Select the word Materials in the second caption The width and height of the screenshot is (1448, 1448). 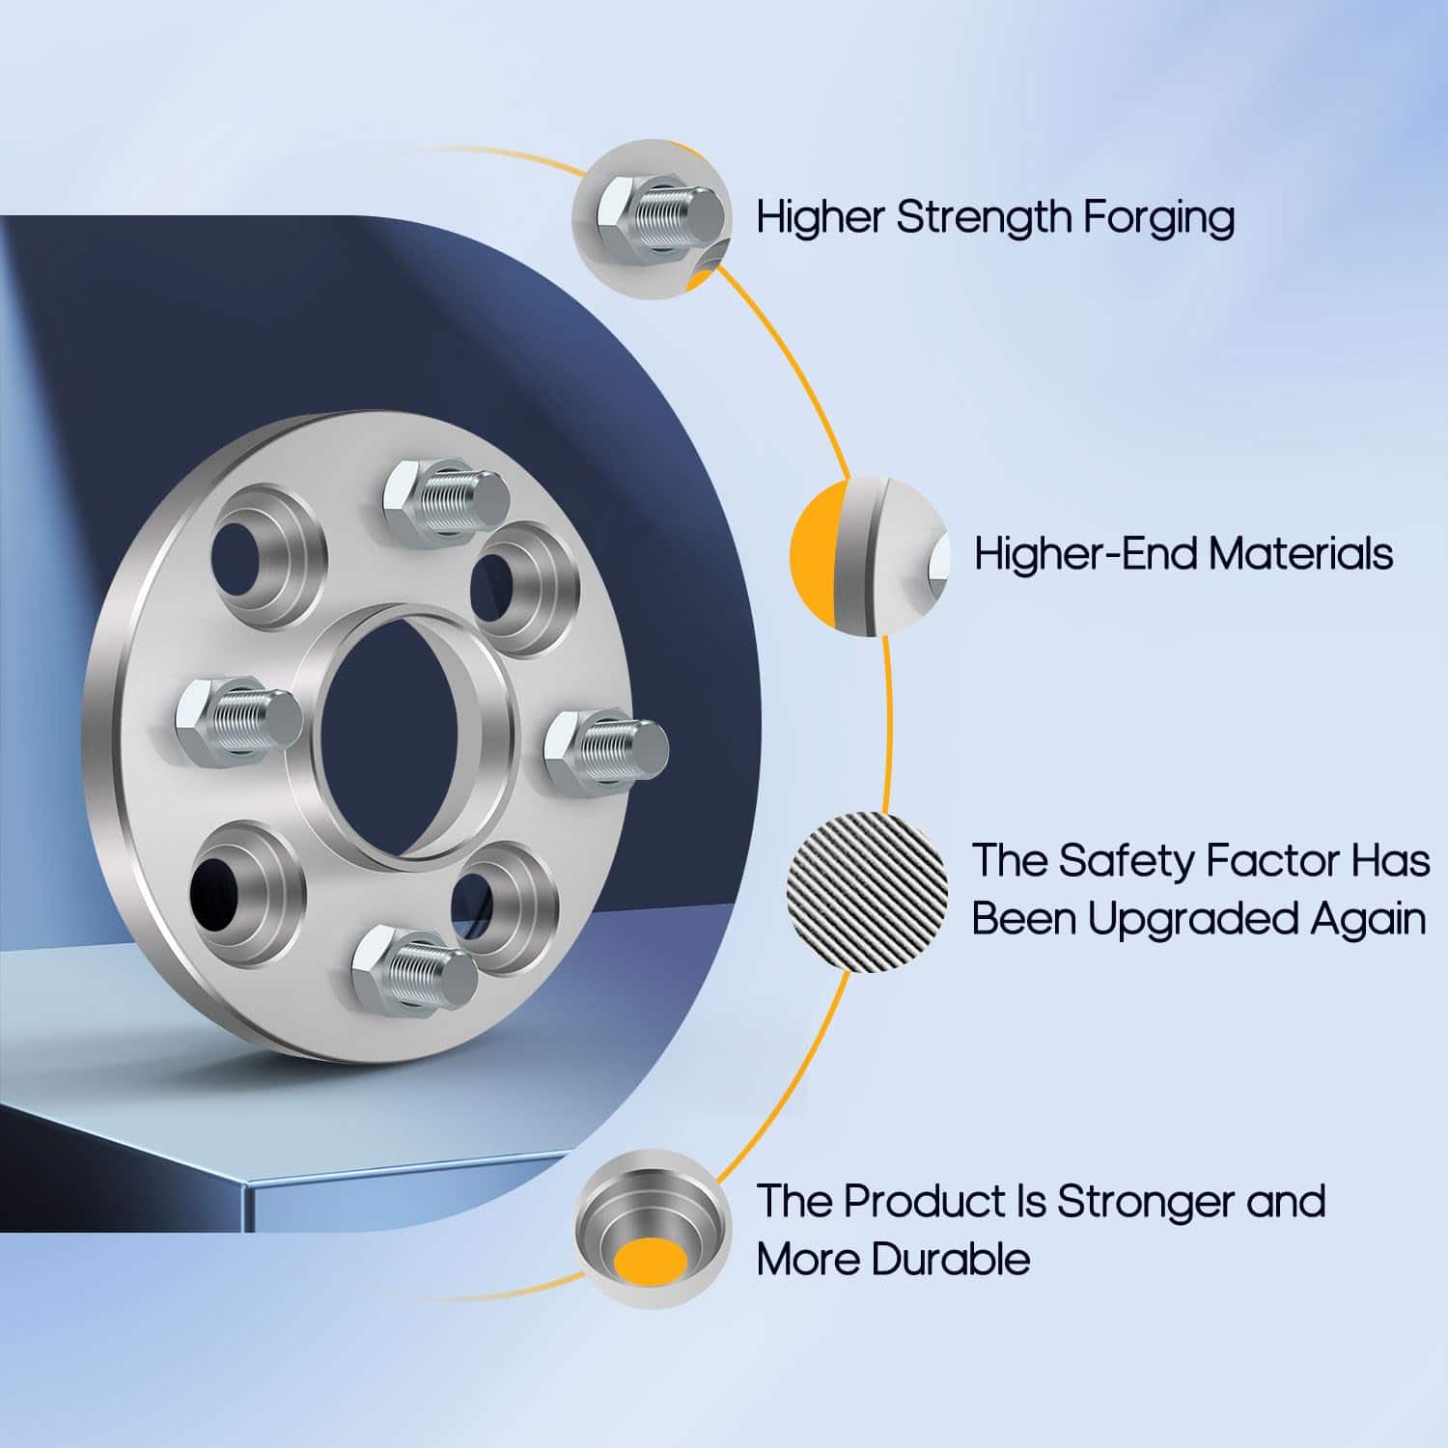[x=1300, y=554]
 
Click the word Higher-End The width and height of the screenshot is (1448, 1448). [x=1086, y=554]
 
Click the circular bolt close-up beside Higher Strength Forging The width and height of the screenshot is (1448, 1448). [x=654, y=218]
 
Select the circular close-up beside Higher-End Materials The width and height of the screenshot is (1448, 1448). [x=869, y=555]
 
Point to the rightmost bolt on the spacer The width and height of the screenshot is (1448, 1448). [x=606, y=751]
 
